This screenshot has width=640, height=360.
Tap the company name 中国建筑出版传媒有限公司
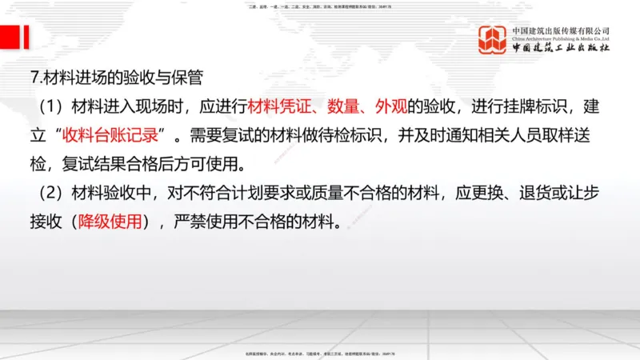pyautogui.click(x=562, y=30)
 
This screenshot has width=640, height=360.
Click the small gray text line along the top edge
pyautogui.click(x=320, y=6)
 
